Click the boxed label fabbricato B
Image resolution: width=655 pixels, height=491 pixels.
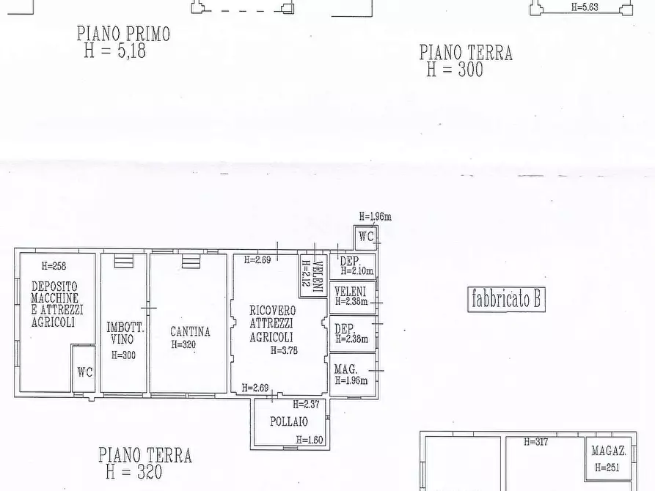pos(506,300)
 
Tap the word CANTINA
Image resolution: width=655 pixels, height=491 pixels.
pos(190,331)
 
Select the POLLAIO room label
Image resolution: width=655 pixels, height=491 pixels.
pos(288,421)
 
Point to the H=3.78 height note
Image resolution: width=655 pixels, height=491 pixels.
pos(284,350)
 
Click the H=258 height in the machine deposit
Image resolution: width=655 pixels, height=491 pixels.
pos(54,266)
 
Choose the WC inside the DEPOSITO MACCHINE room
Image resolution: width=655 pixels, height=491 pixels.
pos(85,372)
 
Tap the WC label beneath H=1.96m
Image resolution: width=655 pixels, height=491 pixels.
pos(367,237)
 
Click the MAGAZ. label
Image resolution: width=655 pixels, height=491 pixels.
pos(608,451)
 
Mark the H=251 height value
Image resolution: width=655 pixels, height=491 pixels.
pos(609,467)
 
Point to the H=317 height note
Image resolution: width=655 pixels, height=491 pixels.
pos(536,442)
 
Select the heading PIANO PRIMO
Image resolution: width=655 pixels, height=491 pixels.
pos(123,34)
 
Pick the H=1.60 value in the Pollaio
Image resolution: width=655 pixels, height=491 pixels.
pos(310,440)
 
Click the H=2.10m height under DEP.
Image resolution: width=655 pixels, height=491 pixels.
pos(354,270)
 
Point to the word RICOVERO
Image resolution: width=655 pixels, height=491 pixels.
pos(272,311)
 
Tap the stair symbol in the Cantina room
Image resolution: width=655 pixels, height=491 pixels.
pos(191,261)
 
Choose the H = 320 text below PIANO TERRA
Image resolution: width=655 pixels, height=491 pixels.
pos(133,472)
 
